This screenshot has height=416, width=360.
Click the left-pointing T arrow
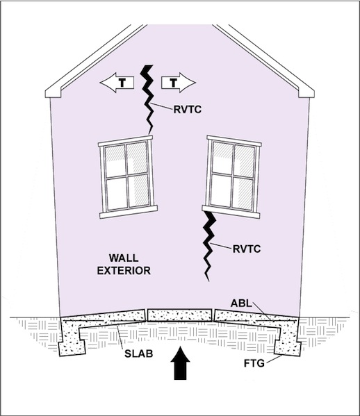[117, 83]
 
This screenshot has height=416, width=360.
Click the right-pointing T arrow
[179, 83]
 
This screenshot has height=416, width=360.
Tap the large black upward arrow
[180, 363]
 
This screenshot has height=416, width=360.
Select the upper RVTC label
[188, 110]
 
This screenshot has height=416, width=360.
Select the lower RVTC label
[247, 249]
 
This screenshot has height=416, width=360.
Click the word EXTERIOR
[124, 271]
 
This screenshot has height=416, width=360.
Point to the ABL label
[241, 303]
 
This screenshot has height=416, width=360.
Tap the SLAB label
[138, 353]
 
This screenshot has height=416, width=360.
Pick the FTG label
[254, 363]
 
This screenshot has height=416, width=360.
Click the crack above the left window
[147, 99]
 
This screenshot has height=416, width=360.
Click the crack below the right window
[208, 246]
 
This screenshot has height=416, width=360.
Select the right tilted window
[231, 177]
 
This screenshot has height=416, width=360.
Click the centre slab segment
[180, 315]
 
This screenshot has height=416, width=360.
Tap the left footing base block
[72, 348]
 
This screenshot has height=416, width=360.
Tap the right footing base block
[288, 348]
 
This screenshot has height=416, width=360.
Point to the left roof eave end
[53, 94]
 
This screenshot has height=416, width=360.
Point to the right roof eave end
[306, 94]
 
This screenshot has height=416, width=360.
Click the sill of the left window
[129, 212]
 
